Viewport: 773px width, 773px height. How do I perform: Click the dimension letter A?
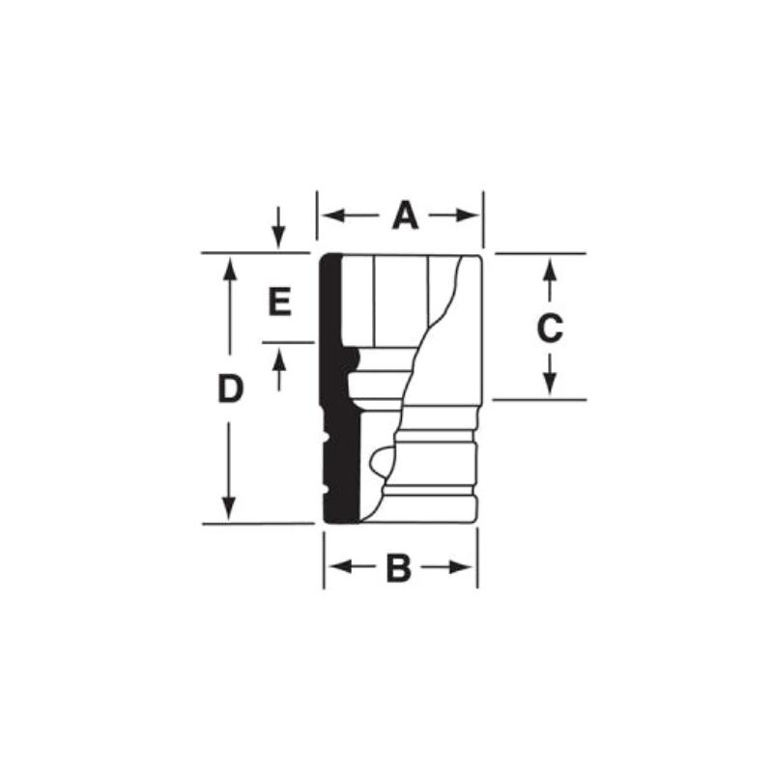[x=405, y=215]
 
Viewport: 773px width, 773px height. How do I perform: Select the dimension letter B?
[x=399, y=569]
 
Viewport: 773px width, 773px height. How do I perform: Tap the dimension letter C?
[x=549, y=329]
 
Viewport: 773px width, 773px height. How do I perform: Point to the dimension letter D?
[x=228, y=389]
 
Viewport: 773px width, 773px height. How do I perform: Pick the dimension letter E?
[x=279, y=303]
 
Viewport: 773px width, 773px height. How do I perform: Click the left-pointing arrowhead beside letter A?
[x=328, y=215]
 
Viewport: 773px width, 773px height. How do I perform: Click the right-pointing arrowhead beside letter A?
[x=472, y=215]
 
